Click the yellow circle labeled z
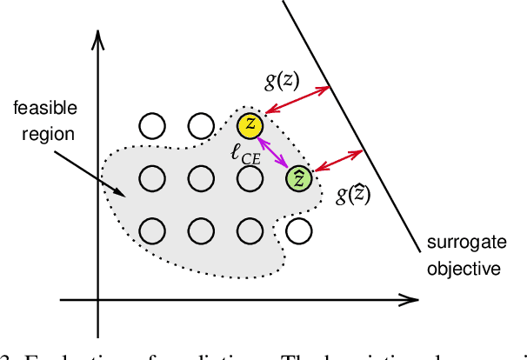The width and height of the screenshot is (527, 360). click(250, 125)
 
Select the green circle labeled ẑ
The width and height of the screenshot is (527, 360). click(299, 178)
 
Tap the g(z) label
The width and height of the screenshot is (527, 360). click(283, 81)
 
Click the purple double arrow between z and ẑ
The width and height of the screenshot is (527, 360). click(275, 152)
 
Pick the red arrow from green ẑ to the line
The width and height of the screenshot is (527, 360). click(339, 160)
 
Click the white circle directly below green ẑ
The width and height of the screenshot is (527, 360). click(299, 230)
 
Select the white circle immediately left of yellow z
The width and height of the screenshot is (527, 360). click(201, 126)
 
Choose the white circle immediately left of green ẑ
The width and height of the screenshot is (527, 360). click(250, 178)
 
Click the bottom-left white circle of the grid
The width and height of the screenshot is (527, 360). click(152, 230)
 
